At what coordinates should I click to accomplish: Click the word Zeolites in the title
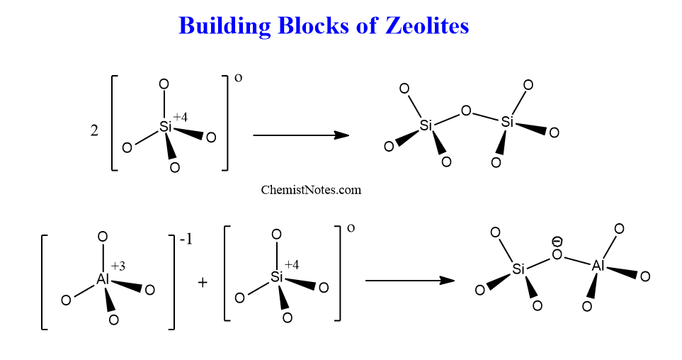(x=426, y=26)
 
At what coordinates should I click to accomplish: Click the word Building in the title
(x=225, y=26)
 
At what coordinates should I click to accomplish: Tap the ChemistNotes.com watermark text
(x=311, y=190)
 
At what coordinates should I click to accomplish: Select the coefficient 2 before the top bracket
(x=94, y=130)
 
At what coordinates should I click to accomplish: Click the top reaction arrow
(x=301, y=135)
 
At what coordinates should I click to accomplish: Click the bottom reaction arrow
(x=410, y=281)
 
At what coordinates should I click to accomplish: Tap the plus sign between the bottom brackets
(x=203, y=283)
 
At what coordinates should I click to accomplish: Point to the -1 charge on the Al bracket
(x=186, y=240)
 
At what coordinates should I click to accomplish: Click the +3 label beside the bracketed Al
(x=118, y=266)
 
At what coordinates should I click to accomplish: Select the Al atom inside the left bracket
(x=103, y=279)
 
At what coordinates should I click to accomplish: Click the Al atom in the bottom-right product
(x=598, y=265)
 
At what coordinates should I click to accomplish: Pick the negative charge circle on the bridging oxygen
(x=557, y=241)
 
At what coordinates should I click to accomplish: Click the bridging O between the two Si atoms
(x=466, y=111)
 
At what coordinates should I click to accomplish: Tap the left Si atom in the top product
(x=426, y=125)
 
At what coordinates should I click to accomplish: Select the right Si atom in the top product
(x=507, y=122)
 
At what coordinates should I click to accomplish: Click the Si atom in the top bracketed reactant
(x=166, y=127)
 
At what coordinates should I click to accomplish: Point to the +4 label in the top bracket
(x=181, y=117)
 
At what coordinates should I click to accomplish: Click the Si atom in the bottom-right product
(x=518, y=269)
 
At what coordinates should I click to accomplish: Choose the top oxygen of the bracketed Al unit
(x=103, y=237)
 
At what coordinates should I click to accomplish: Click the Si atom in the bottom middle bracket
(x=277, y=276)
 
